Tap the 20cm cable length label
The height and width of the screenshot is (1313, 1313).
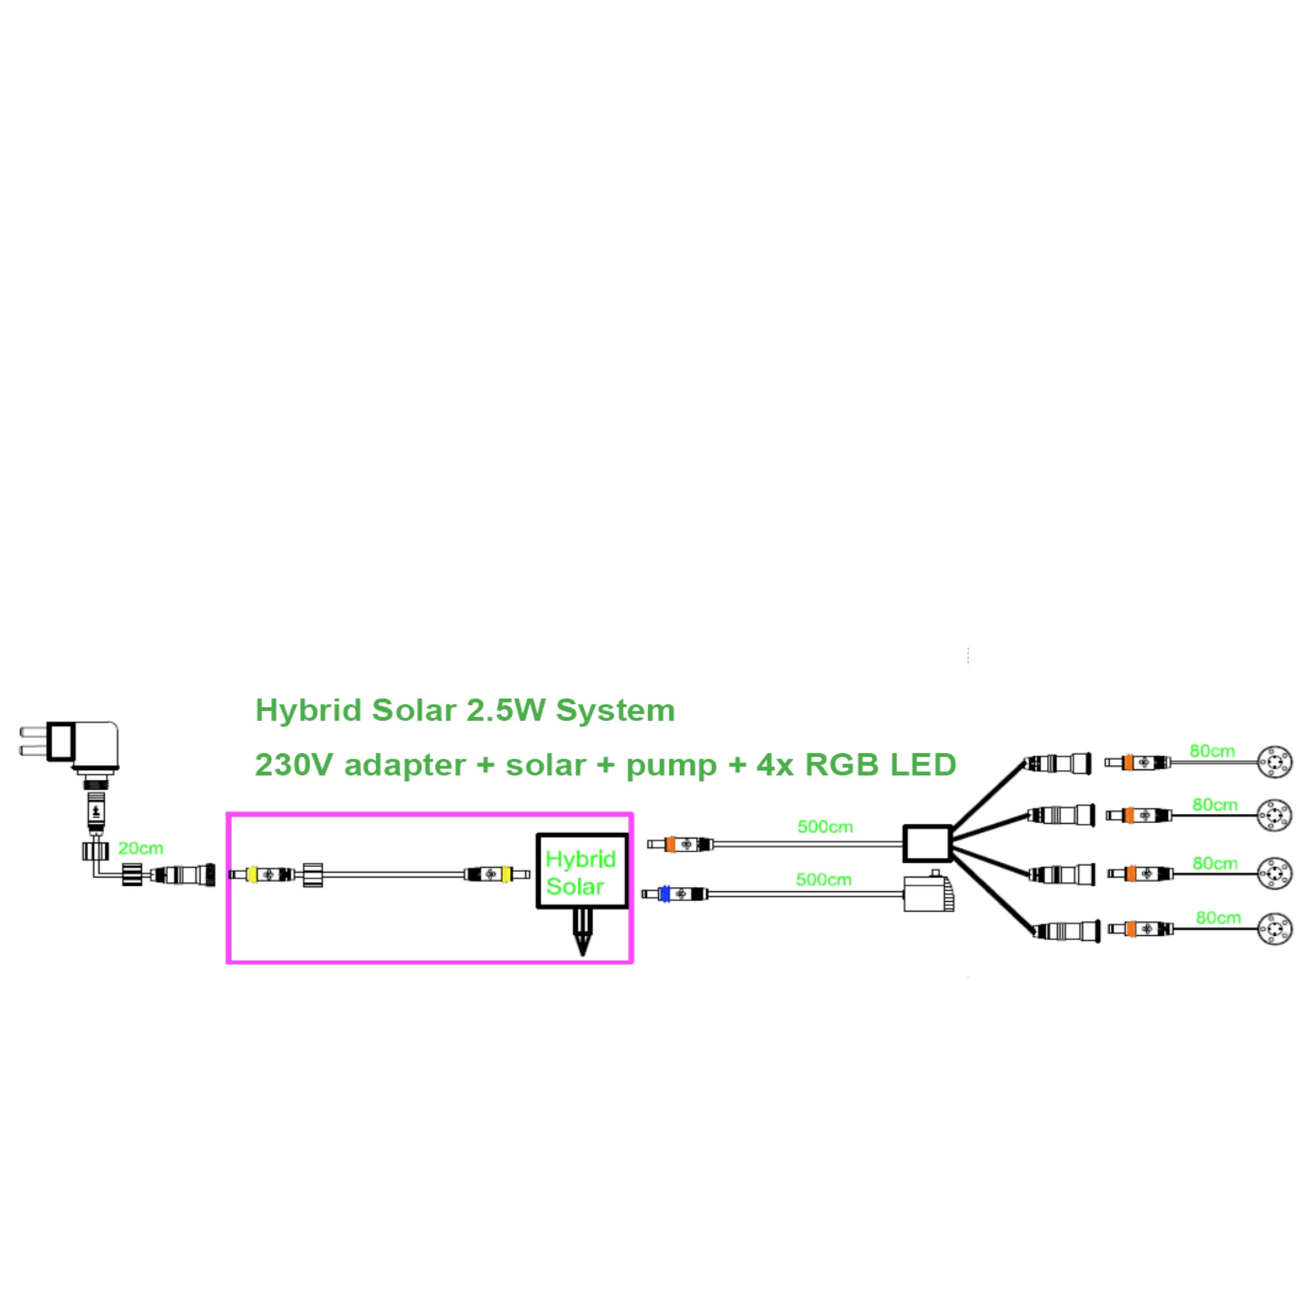tap(140, 848)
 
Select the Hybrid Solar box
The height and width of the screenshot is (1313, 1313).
tap(582, 871)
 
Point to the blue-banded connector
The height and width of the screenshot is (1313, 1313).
tap(665, 893)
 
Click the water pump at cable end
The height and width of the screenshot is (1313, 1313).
tap(927, 892)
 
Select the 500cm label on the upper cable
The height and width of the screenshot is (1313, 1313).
tap(825, 826)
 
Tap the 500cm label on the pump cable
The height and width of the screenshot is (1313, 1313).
tap(823, 879)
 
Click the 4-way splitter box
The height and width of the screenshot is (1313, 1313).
tap(927, 844)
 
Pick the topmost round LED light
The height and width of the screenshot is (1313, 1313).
tap(1274, 762)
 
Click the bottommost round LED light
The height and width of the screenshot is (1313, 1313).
tap(1274, 929)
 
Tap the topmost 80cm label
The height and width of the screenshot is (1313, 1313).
tap(1212, 751)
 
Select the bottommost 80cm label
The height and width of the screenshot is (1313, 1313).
tap(1218, 917)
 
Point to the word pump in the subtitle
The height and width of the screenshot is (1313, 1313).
tap(671, 765)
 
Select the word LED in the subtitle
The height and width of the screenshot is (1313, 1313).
tap(923, 765)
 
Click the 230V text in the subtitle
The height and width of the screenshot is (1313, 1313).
tap(294, 765)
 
